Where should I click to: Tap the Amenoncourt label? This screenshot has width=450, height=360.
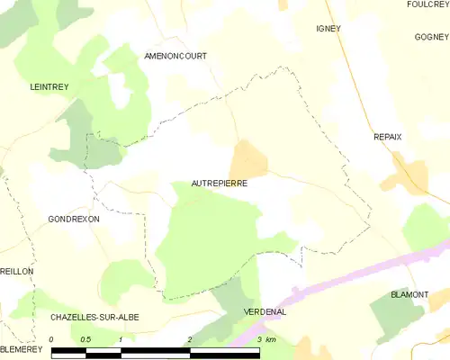(x=175, y=56)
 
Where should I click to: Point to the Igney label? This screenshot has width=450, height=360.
(x=328, y=29)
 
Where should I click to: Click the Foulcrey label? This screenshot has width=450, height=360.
(x=427, y=4)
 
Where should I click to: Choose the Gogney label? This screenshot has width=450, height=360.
(x=431, y=37)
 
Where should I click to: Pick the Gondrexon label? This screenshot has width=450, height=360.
(x=74, y=219)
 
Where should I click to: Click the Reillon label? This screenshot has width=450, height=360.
(x=16, y=271)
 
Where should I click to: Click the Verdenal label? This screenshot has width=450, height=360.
(x=265, y=311)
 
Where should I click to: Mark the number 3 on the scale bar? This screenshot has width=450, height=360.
(x=260, y=339)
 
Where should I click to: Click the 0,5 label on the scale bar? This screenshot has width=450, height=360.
(x=85, y=339)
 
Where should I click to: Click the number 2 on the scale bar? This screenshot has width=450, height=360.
(x=190, y=339)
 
